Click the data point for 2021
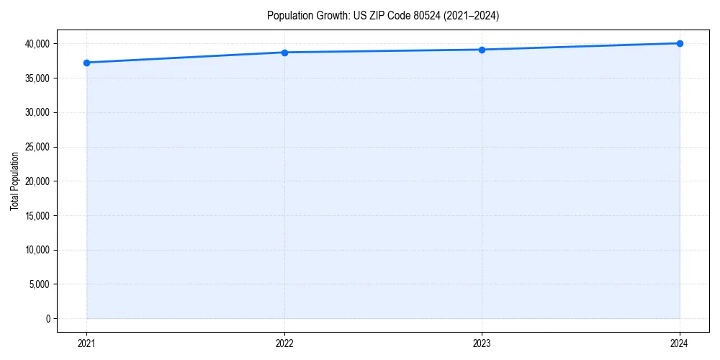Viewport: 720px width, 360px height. (x=86, y=63)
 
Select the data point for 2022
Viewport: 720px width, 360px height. (x=284, y=53)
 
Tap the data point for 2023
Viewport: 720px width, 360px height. (x=482, y=50)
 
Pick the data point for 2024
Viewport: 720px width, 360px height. (x=680, y=43)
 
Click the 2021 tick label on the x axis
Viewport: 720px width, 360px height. (x=86, y=343)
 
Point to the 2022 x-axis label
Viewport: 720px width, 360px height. (x=284, y=343)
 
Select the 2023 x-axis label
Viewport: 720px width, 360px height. (x=482, y=343)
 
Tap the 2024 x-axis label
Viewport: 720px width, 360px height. (x=680, y=343)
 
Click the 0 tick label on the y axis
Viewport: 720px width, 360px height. (x=48, y=319)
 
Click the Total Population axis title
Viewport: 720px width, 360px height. (x=14, y=181)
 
